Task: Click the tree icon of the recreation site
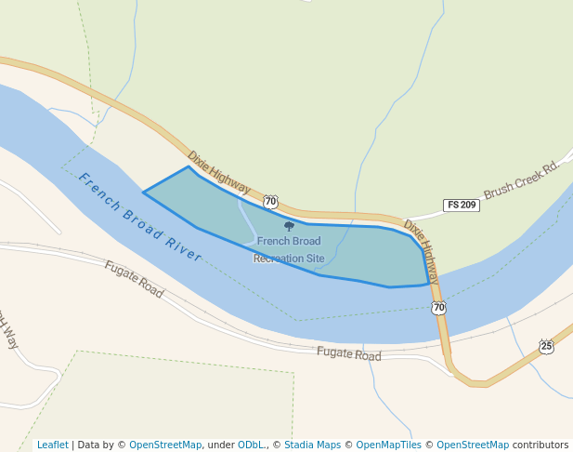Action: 289,226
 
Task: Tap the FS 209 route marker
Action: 462,205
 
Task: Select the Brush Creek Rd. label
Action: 523,177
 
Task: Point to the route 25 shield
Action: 546,347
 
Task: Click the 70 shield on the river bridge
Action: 438,308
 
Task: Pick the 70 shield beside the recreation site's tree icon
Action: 270,201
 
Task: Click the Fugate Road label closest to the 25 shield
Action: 348,354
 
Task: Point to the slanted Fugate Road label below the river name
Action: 134,279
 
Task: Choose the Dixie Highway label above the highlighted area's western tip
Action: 218,172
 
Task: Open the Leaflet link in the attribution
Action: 52,445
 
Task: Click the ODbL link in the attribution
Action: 250,445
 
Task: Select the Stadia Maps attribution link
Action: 312,445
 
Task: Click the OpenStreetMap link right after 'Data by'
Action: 165,445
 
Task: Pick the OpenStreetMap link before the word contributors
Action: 473,445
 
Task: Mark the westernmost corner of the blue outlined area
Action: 144,193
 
